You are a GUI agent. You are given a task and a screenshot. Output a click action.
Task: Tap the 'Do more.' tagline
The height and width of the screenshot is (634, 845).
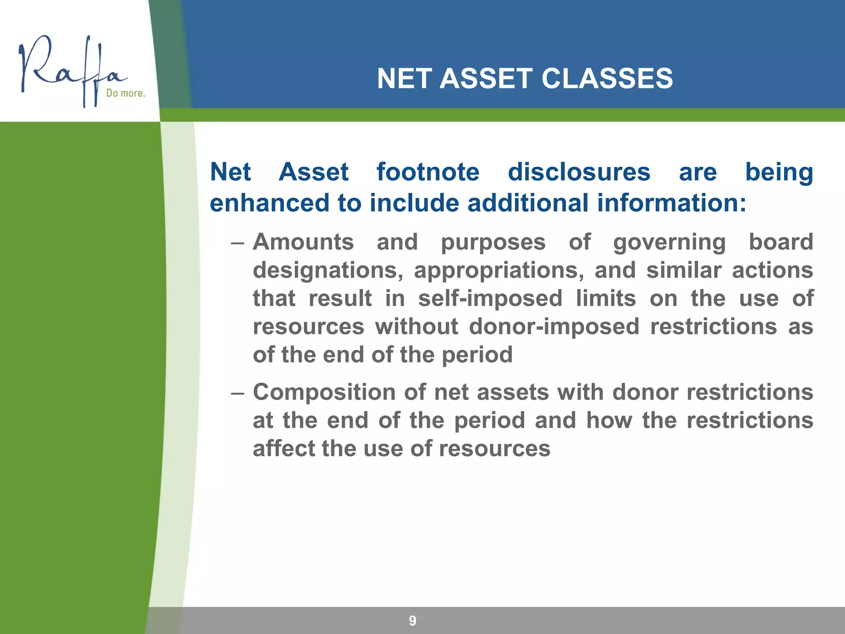click(x=125, y=93)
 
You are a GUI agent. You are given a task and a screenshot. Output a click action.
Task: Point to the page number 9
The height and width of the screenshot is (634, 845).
click(x=412, y=620)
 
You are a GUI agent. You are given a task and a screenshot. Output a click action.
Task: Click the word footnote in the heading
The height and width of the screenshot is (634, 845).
click(x=428, y=172)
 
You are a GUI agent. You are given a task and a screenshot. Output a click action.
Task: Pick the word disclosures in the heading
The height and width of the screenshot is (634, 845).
click(x=579, y=172)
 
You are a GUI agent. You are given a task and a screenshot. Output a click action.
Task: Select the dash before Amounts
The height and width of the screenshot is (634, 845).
click(x=238, y=243)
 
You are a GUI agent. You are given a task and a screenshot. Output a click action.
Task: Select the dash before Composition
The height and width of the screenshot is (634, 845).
click(x=238, y=393)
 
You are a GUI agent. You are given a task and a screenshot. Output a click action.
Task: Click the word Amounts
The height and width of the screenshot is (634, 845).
click(x=303, y=242)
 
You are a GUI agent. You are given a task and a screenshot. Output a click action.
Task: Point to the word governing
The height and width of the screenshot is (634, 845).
click(x=669, y=243)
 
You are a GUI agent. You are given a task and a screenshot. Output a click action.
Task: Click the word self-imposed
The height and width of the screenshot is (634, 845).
click(x=490, y=299)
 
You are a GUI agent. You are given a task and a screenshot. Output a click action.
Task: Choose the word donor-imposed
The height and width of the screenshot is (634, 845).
click(x=554, y=327)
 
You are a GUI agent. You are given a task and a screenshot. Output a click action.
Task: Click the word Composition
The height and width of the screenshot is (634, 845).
click(x=324, y=393)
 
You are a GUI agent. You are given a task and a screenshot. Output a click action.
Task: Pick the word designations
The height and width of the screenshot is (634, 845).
click(x=328, y=271)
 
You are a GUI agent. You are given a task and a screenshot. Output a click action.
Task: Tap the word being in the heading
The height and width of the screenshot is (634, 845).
click(x=779, y=173)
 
